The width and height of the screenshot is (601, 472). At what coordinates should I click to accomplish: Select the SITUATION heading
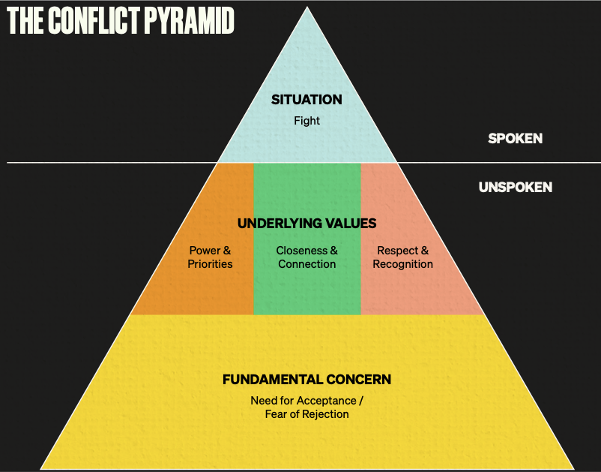(306, 100)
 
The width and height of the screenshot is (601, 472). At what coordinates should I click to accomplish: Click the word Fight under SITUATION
(306, 120)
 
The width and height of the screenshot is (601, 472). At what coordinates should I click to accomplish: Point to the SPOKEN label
(515, 138)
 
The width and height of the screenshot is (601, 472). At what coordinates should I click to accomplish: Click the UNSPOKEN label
(515, 187)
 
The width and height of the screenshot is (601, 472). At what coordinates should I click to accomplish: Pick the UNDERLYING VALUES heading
(306, 224)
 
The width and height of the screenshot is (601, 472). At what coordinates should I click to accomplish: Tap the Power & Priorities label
(210, 257)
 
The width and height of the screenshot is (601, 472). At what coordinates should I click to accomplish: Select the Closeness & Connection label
(306, 257)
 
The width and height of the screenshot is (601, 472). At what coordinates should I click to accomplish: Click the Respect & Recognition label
(402, 257)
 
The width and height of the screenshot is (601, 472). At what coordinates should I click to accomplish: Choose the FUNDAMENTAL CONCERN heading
(306, 380)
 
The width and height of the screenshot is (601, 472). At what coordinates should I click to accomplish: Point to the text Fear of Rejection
(306, 414)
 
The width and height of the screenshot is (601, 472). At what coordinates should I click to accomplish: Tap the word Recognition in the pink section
(402, 264)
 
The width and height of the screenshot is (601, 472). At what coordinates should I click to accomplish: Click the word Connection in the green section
(306, 264)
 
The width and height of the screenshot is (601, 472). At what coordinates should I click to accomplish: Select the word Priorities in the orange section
(210, 264)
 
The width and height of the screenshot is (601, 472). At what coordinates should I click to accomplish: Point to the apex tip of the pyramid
(307, 8)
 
